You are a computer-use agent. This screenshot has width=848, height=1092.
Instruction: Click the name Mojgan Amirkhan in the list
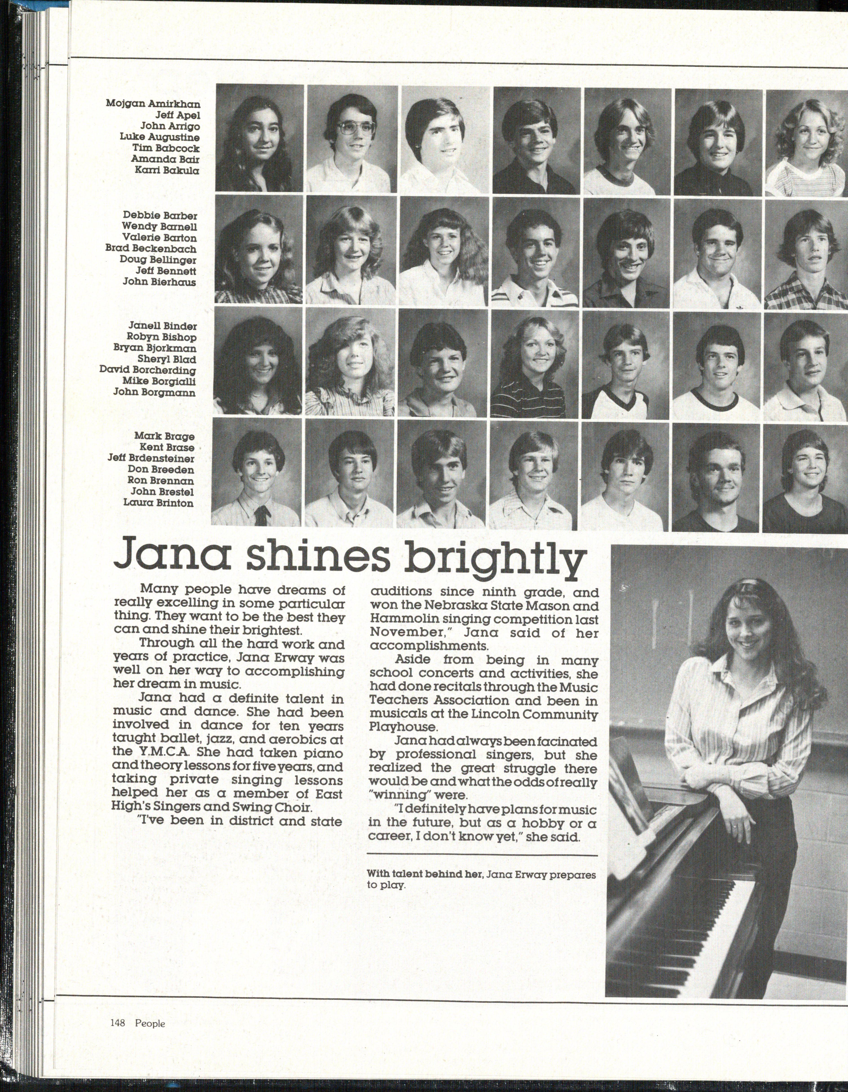[153, 104]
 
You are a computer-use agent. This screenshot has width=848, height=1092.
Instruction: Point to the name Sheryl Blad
[167, 359]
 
